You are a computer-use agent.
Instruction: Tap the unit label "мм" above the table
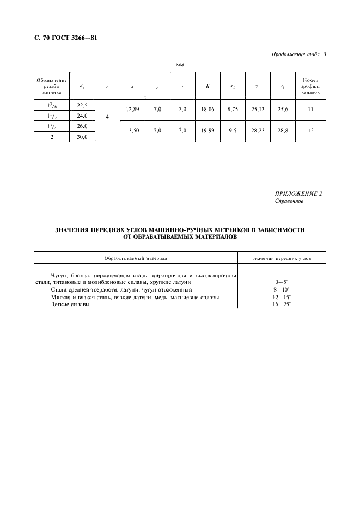pyautogui.click(x=180, y=65)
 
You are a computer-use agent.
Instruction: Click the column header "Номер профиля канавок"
pyautogui.click(x=311, y=86)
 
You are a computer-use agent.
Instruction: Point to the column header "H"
pyautogui.click(x=208, y=86)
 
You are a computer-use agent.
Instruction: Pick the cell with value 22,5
pyautogui.click(x=82, y=105)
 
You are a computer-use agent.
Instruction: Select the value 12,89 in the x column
pyautogui.click(x=132, y=110)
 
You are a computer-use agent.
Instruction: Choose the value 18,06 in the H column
pyautogui.click(x=208, y=110)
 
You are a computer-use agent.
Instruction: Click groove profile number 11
pyautogui.click(x=311, y=110)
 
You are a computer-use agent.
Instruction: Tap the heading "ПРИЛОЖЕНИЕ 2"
pyautogui.click(x=298, y=193)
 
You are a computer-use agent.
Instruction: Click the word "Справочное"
pyautogui.click(x=289, y=201)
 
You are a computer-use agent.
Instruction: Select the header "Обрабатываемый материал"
pyautogui.click(x=136, y=258)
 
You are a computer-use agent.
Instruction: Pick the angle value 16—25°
pyautogui.click(x=282, y=305)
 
